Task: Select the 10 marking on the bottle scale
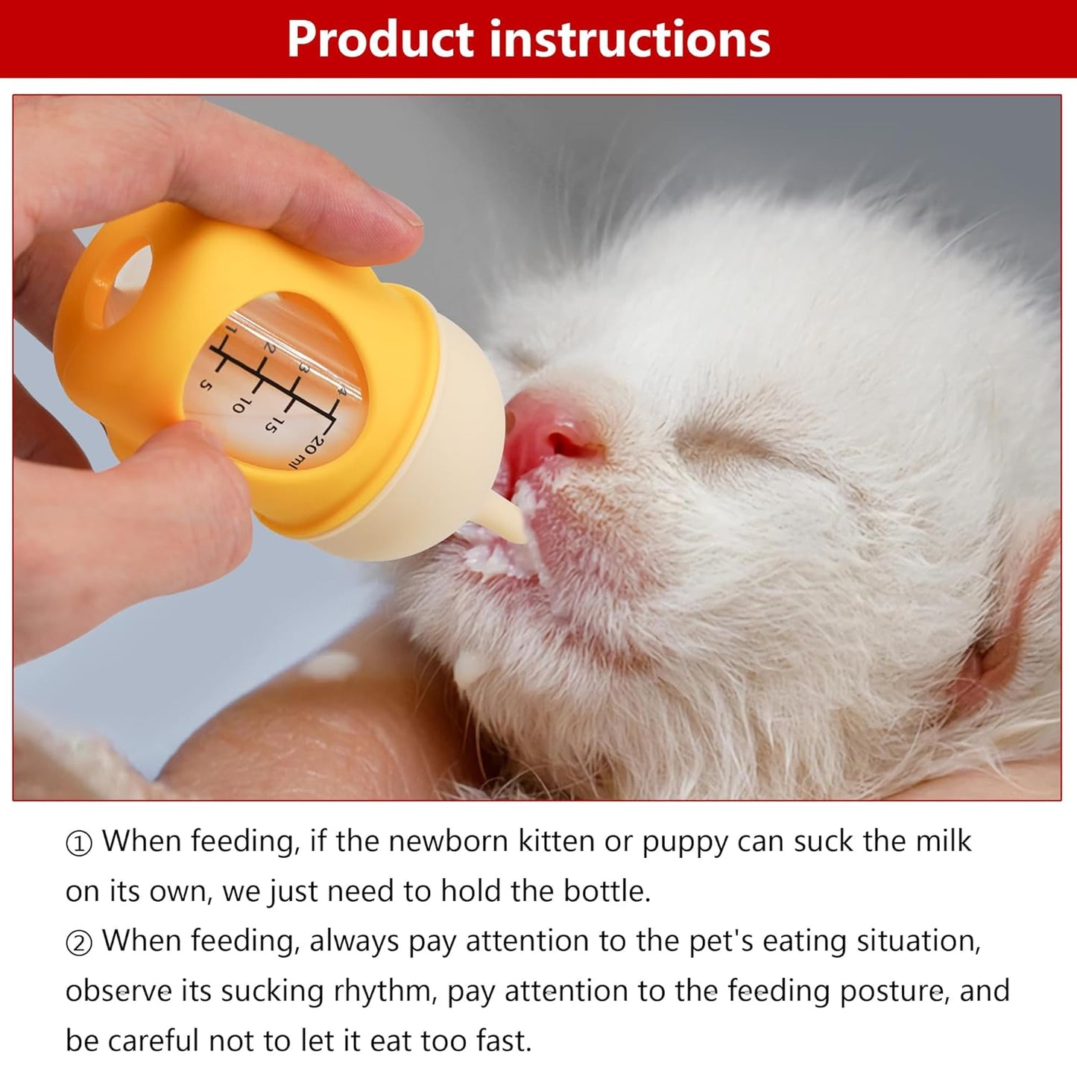click(x=241, y=404)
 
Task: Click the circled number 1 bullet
click(x=79, y=844)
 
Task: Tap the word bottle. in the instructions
click(x=607, y=891)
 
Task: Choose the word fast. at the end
click(x=499, y=1040)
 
